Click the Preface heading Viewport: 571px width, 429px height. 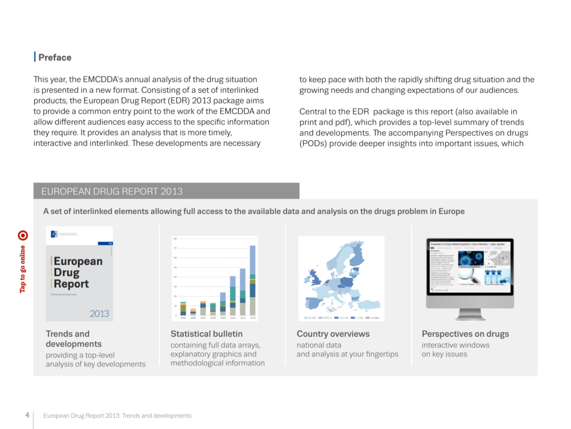[x=55, y=58]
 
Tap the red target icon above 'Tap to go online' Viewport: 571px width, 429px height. [x=22, y=235]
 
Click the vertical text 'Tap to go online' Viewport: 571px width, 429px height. [x=22, y=269]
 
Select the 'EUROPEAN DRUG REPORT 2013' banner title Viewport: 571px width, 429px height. [x=112, y=192]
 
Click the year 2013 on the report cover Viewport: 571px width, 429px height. [x=99, y=313]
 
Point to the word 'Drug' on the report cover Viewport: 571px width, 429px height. [x=66, y=273]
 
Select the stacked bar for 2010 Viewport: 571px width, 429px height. [x=233, y=296]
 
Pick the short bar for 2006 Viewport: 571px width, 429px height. [x=193, y=312]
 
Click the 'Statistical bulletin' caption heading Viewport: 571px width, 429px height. [x=206, y=334]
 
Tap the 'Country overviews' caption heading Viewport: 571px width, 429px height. [x=333, y=334]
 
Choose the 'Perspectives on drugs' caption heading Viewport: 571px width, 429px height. [x=465, y=334]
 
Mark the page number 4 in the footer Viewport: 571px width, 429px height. [x=27, y=415]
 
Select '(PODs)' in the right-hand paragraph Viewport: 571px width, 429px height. [x=314, y=144]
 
